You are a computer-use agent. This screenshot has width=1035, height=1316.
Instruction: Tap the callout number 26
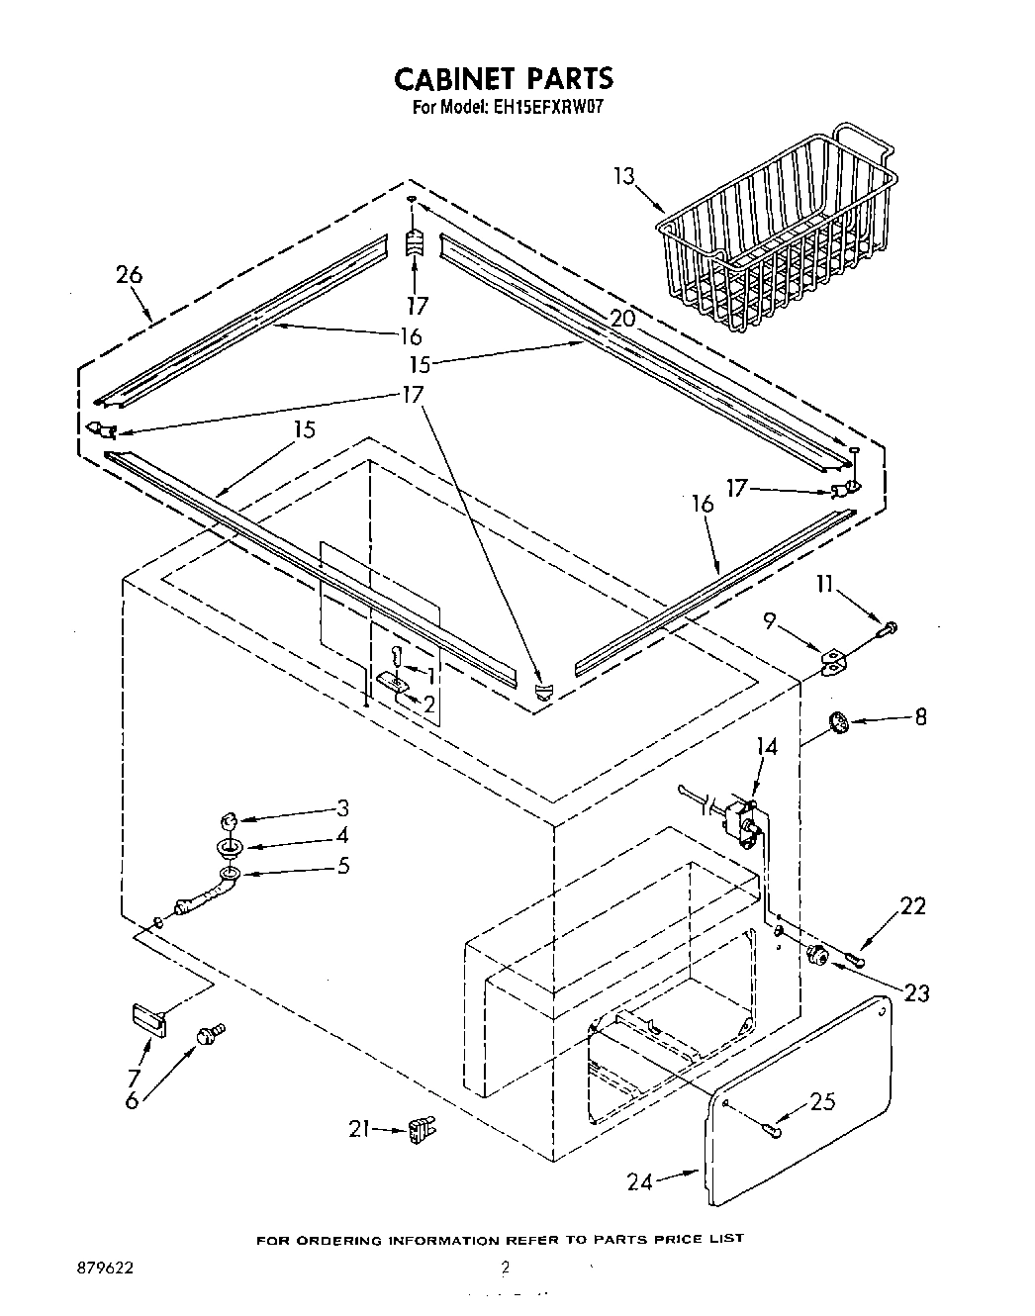(129, 275)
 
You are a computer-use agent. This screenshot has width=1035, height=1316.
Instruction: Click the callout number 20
(622, 319)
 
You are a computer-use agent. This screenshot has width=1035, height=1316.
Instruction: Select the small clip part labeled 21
(422, 1129)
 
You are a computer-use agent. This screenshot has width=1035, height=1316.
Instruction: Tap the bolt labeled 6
(210, 1034)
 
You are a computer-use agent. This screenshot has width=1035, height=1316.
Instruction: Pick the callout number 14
(766, 747)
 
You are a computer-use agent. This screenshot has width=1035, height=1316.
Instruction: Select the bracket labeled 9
(835, 664)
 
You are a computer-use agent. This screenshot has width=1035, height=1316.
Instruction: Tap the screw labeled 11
(888, 626)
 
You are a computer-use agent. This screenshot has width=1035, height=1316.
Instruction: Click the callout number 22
(911, 905)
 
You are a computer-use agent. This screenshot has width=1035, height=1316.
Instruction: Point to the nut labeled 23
(818, 955)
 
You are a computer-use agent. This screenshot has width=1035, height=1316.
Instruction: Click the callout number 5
(342, 865)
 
